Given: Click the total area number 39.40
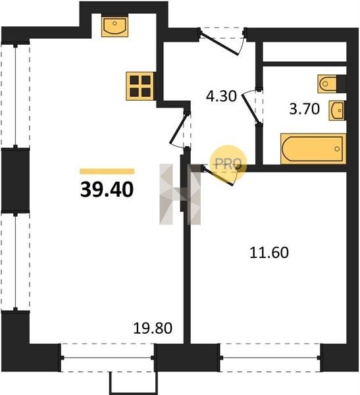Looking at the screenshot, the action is coord(107,190).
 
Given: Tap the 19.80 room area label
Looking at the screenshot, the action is coord(153,329).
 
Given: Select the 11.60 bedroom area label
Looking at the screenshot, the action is coord(269,253).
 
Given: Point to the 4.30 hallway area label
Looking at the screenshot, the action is coord(221,96).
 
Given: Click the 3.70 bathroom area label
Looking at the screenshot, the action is coord(304,109).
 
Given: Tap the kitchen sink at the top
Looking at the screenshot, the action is coord(115,26).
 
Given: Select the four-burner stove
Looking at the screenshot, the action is coord(140,86).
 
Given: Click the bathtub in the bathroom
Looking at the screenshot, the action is coord(313,149).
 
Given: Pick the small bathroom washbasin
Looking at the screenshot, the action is coord(336,111).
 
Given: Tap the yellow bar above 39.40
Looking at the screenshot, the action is coord(107,172).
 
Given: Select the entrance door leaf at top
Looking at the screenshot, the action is coord(219,43).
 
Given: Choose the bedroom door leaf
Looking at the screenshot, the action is coord(218,176).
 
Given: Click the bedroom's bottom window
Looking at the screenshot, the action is coord(270,357).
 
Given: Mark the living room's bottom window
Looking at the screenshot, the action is coord(107,357).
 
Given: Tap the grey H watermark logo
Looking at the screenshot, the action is coord(180,194).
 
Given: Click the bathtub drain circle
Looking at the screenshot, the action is coord(337,149).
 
